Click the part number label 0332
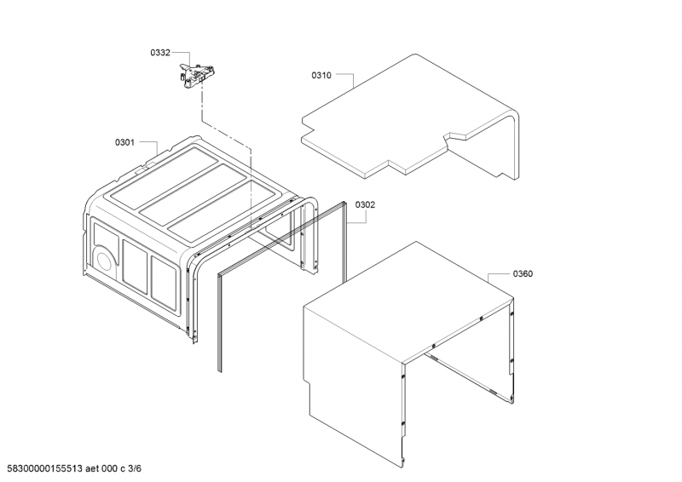[160, 53]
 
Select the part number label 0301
[124, 142]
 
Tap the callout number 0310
[321, 76]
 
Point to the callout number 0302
[365, 204]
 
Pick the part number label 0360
[523, 273]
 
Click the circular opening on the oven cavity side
[102, 259]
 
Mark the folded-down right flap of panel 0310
[494, 153]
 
